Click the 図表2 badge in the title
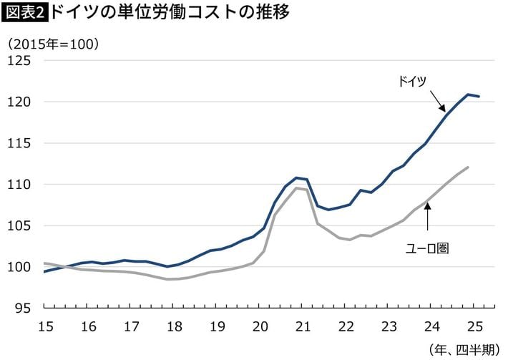coord(25,13)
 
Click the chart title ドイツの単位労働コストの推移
coord(171,13)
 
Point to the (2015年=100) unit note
coord(53,44)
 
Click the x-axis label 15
coord(44,326)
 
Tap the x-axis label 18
coord(174,326)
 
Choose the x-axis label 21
coord(303,326)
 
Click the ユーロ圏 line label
coord(428,248)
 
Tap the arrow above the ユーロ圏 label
coord(428,215)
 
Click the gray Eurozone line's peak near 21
coord(295,188)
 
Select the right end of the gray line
coord(467,167)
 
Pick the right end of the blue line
coord(479,96)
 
